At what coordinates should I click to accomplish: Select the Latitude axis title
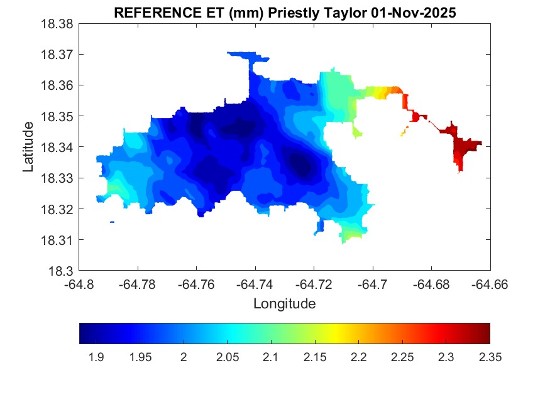tap(28, 147)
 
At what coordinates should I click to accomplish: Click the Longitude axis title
tap(284, 304)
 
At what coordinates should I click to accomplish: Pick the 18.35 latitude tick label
tap(58, 116)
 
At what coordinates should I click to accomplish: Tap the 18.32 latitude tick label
tap(58, 209)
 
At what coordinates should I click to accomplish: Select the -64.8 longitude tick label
tap(80, 285)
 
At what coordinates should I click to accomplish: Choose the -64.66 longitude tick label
tap(490, 285)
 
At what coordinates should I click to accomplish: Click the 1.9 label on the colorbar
tap(96, 357)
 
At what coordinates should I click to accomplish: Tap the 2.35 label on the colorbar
tap(489, 357)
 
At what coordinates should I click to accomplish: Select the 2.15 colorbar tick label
tap(314, 357)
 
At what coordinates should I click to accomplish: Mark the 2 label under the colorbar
tap(184, 357)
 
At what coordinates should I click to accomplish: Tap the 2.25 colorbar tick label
tap(402, 357)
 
